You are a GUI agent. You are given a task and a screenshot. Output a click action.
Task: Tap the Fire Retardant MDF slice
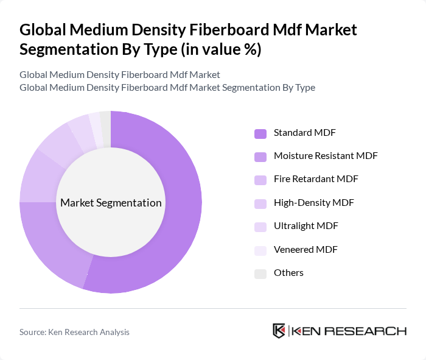tap(38, 177)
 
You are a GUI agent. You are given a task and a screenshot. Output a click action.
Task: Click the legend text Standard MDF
tap(304, 132)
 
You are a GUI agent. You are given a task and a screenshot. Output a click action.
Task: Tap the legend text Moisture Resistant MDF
tap(326, 155)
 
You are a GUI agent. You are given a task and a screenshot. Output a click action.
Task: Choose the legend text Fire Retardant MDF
tap(316, 179)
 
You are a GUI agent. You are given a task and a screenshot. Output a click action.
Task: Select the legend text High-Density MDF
tap(313, 202)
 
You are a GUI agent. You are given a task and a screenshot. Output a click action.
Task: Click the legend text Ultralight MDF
tap(306, 226)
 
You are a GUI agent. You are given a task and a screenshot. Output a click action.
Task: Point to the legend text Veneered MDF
tap(306, 249)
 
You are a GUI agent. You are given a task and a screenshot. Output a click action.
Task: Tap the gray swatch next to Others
tap(260, 273)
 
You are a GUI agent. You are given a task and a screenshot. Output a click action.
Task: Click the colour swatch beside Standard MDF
tap(260, 133)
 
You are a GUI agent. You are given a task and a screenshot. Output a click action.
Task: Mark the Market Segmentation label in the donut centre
tap(111, 203)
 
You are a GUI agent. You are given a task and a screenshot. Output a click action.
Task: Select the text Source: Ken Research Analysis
tap(74, 332)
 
